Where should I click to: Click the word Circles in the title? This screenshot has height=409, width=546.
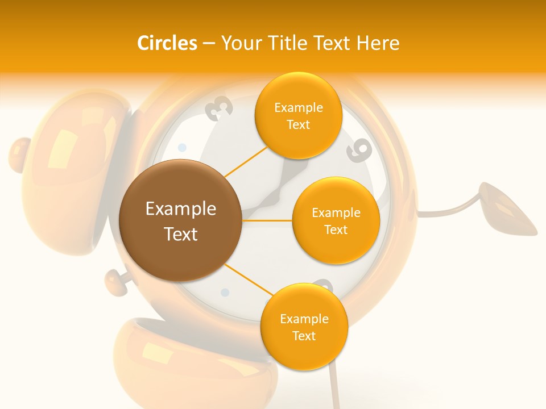(x=167, y=43)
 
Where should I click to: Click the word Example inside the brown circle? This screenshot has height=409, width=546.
(x=180, y=209)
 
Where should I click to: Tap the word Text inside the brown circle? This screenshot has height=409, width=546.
(x=180, y=233)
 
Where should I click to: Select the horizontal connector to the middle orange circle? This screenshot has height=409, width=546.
(x=267, y=220)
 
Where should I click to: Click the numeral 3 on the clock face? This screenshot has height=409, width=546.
(x=221, y=108)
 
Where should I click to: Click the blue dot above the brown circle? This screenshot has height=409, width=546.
(x=182, y=148)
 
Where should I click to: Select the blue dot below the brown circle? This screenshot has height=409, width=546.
(x=225, y=293)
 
